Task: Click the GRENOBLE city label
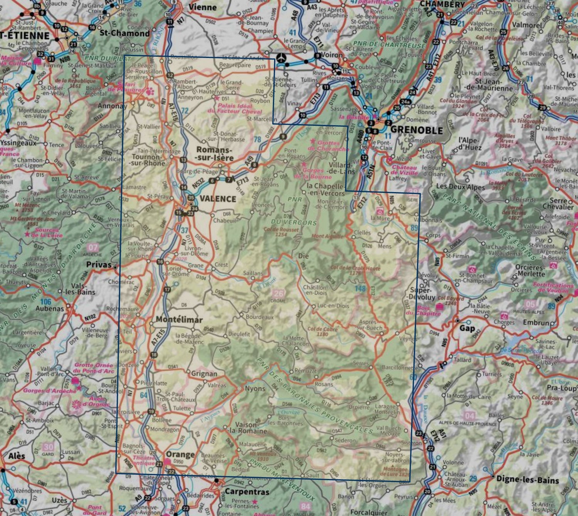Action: click(x=416, y=130)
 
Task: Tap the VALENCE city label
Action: click(x=218, y=199)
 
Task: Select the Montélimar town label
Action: click(x=179, y=319)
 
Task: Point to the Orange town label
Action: click(x=180, y=454)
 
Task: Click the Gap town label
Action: click(x=467, y=328)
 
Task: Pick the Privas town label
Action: click(x=99, y=265)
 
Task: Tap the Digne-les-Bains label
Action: click(x=528, y=480)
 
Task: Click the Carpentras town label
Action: click(x=247, y=492)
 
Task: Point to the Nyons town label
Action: click(x=255, y=388)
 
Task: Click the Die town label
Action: click(x=304, y=256)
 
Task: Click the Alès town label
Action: click(x=17, y=456)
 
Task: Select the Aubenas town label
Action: click(x=50, y=309)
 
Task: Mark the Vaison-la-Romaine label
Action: click(x=251, y=428)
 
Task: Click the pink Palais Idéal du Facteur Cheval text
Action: click(x=235, y=108)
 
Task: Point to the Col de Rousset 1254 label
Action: click(x=281, y=232)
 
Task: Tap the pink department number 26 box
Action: click(x=278, y=294)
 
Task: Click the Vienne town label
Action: click(x=202, y=7)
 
